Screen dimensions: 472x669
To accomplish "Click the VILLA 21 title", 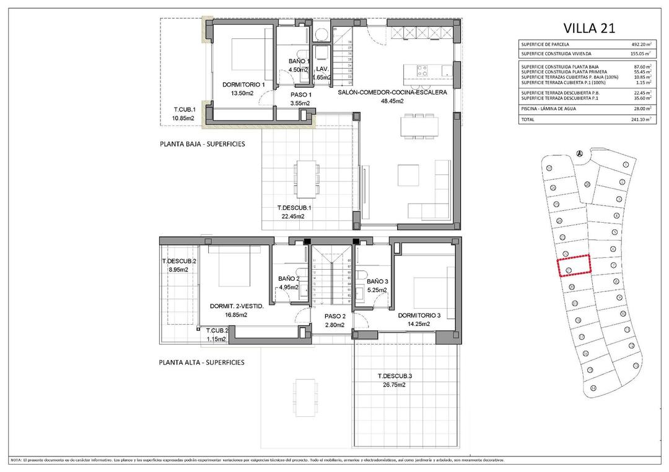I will [588, 27].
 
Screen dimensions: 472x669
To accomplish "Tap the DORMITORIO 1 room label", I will [243, 85].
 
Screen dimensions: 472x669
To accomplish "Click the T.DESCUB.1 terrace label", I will [294, 208].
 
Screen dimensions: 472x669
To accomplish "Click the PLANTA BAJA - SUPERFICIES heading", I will [203, 144].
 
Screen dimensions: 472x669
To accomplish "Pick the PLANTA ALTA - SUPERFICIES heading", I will [201, 363].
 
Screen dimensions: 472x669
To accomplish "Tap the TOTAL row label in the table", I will [528, 119].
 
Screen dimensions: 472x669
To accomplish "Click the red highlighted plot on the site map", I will [574, 265].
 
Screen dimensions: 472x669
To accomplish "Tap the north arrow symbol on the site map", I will [579, 153].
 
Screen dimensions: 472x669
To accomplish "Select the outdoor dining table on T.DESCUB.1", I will [305, 176].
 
